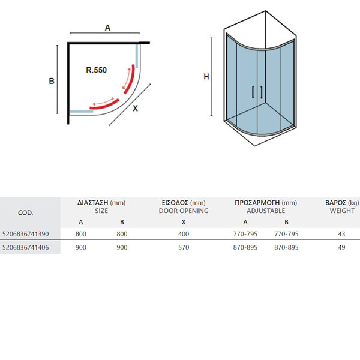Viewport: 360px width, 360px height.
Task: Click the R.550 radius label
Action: pos(96,70)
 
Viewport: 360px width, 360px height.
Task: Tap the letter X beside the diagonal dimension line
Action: pos(135,109)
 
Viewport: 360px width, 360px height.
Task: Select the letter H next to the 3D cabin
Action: pos(206,77)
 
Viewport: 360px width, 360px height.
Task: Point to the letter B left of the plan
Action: pos(52,81)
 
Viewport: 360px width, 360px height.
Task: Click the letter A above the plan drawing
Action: pos(107,28)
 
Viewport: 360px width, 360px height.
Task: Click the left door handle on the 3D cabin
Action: pos(253,92)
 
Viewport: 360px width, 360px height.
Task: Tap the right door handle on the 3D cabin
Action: pos(261,92)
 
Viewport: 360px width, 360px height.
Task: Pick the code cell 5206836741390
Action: pos(25,234)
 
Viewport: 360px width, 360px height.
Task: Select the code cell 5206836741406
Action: pos(25,247)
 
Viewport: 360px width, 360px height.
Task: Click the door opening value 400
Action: pos(184,234)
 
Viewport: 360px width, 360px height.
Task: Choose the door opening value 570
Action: pos(184,247)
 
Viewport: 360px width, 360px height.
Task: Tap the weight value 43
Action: pos(341,234)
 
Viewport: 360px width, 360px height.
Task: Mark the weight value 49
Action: pos(341,247)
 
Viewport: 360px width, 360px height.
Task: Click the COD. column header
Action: pos(25,213)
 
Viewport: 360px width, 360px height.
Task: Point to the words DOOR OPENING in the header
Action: pos(184,211)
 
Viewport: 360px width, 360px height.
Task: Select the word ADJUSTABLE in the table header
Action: pos(266,211)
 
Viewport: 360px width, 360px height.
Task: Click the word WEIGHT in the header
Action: pos(342,211)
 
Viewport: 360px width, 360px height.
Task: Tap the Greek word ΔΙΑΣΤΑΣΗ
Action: pos(93,203)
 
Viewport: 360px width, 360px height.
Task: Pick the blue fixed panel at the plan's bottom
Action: pos(81,112)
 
